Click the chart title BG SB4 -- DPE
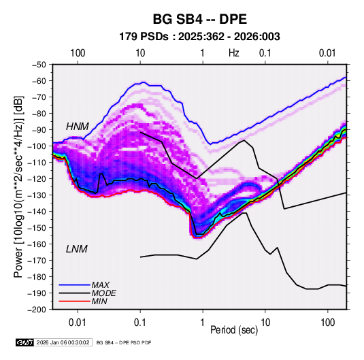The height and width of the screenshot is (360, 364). click(x=199, y=19)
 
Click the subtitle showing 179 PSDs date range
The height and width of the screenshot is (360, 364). click(x=199, y=37)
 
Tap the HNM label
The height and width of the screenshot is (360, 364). click(x=78, y=127)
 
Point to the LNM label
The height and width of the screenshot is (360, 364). click(x=77, y=249)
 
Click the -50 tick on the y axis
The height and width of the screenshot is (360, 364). click(x=39, y=65)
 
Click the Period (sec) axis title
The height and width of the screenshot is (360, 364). click(x=234, y=330)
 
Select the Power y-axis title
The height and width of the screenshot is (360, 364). click(x=18, y=186)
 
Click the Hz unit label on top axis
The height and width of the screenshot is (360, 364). click(x=234, y=53)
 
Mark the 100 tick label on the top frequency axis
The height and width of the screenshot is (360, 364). click(x=78, y=53)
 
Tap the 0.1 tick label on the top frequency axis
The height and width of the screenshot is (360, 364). click(x=265, y=53)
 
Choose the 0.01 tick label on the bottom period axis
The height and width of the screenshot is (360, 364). click(x=78, y=323)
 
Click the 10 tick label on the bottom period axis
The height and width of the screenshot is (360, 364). click(x=265, y=323)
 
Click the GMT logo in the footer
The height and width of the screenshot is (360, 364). click(x=25, y=342)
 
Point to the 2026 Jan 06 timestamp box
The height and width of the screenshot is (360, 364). click(x=63, y=342)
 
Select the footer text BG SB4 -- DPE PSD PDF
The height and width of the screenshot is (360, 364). click(x=124, y=342)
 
